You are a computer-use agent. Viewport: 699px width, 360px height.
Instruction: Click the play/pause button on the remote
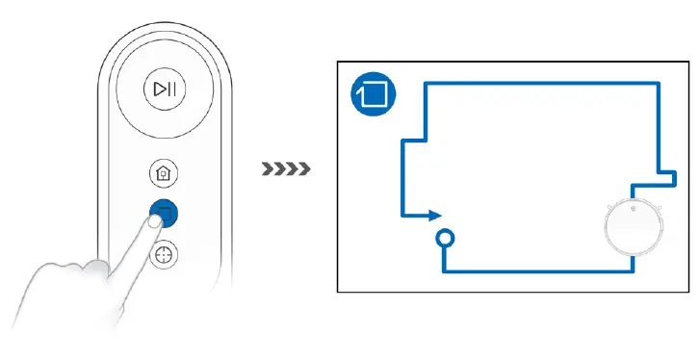(x=165, y=90)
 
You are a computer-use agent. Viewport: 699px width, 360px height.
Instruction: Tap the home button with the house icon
(x=164, y=174)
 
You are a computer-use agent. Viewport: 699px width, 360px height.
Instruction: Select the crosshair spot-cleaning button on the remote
(x=165, y=255)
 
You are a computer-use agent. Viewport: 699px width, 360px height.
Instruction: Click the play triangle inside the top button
(x=159, y=90)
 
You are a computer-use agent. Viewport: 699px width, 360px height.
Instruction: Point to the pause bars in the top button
(x=171, y=90)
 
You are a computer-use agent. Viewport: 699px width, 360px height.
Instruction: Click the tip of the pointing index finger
(x=154, y=220)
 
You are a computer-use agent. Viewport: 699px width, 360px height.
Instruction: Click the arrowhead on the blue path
(x=435, y=216)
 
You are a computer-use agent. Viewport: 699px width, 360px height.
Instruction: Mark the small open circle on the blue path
(x=445, y=237)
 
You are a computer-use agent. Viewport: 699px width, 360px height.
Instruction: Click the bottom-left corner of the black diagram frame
(x=338, y=291)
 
